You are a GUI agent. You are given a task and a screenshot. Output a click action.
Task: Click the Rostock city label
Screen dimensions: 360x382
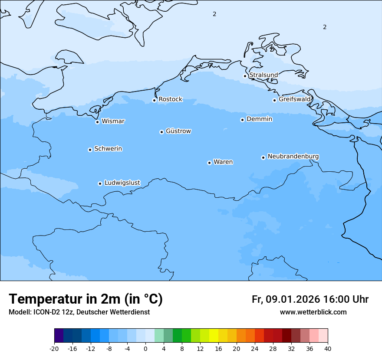[170, 99]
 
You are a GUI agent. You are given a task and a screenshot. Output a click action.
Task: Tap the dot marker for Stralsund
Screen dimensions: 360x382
[245, 76]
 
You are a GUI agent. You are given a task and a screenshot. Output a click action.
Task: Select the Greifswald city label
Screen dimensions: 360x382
[295, 99]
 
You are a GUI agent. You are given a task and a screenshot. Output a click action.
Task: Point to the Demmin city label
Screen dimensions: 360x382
[259, 119]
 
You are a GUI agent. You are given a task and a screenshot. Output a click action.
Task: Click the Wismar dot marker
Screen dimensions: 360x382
[97, 122]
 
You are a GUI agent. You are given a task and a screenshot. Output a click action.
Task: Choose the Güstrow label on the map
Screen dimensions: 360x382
[178, 131]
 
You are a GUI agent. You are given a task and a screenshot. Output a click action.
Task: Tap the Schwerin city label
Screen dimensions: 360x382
[108, 149]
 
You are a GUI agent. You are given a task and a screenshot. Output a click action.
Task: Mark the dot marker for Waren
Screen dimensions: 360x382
[209, 163]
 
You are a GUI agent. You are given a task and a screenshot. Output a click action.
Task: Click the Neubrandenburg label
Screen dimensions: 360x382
[293, 156]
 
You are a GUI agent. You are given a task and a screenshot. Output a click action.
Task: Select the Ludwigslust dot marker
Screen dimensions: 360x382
[100, 183]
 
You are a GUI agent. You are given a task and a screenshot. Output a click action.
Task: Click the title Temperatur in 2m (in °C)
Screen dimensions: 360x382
[86, 299]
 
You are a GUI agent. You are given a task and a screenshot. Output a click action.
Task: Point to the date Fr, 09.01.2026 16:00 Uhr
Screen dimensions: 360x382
[310, 299]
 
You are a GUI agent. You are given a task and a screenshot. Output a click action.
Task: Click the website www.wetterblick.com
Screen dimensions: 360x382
[313, 312]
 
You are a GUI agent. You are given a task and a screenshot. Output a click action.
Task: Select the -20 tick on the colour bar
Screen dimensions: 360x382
[54, 348]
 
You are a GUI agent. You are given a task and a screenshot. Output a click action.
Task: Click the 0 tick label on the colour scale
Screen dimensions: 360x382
[145, 348]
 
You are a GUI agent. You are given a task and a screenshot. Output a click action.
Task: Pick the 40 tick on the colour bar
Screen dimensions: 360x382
[328, 348]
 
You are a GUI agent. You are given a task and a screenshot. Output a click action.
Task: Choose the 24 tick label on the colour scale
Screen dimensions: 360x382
[255, 348]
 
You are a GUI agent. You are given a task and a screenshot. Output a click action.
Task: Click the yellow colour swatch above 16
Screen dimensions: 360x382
[214, 336]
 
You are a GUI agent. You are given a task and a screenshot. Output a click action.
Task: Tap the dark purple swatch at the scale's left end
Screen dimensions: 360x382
[59, 336]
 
